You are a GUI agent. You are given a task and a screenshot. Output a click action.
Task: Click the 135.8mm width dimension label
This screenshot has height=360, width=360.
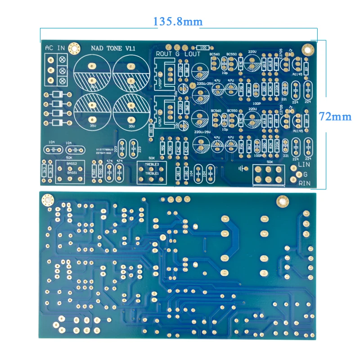point(178,21)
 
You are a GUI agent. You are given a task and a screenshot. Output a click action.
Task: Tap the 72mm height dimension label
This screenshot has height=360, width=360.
point(335,116)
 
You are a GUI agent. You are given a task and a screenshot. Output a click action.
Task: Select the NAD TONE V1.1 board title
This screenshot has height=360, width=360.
point(113,48)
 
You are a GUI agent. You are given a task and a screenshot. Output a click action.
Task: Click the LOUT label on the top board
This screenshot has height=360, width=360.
point(192,54)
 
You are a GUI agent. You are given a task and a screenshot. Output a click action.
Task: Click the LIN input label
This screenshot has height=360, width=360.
point(305,166)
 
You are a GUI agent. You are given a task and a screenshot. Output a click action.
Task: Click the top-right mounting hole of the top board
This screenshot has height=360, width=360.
point(307,48)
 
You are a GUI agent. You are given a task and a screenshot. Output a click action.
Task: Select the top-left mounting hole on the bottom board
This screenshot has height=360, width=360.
point(47,199)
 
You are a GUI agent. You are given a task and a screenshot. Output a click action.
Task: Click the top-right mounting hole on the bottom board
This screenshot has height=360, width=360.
point(282,201)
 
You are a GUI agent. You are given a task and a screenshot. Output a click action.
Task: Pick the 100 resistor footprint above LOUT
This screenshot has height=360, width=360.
point(203,47)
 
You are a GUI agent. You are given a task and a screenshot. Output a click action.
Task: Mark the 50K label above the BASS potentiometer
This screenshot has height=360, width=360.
point(69,157)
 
